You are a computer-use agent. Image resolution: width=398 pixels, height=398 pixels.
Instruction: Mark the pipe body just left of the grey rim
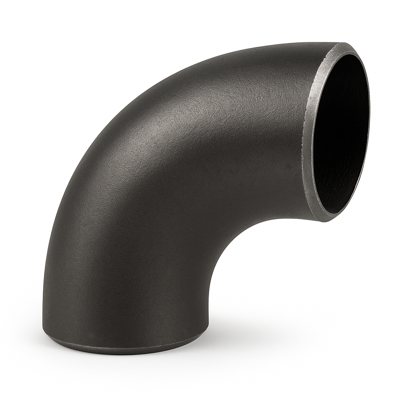click(x=288, y=136)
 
